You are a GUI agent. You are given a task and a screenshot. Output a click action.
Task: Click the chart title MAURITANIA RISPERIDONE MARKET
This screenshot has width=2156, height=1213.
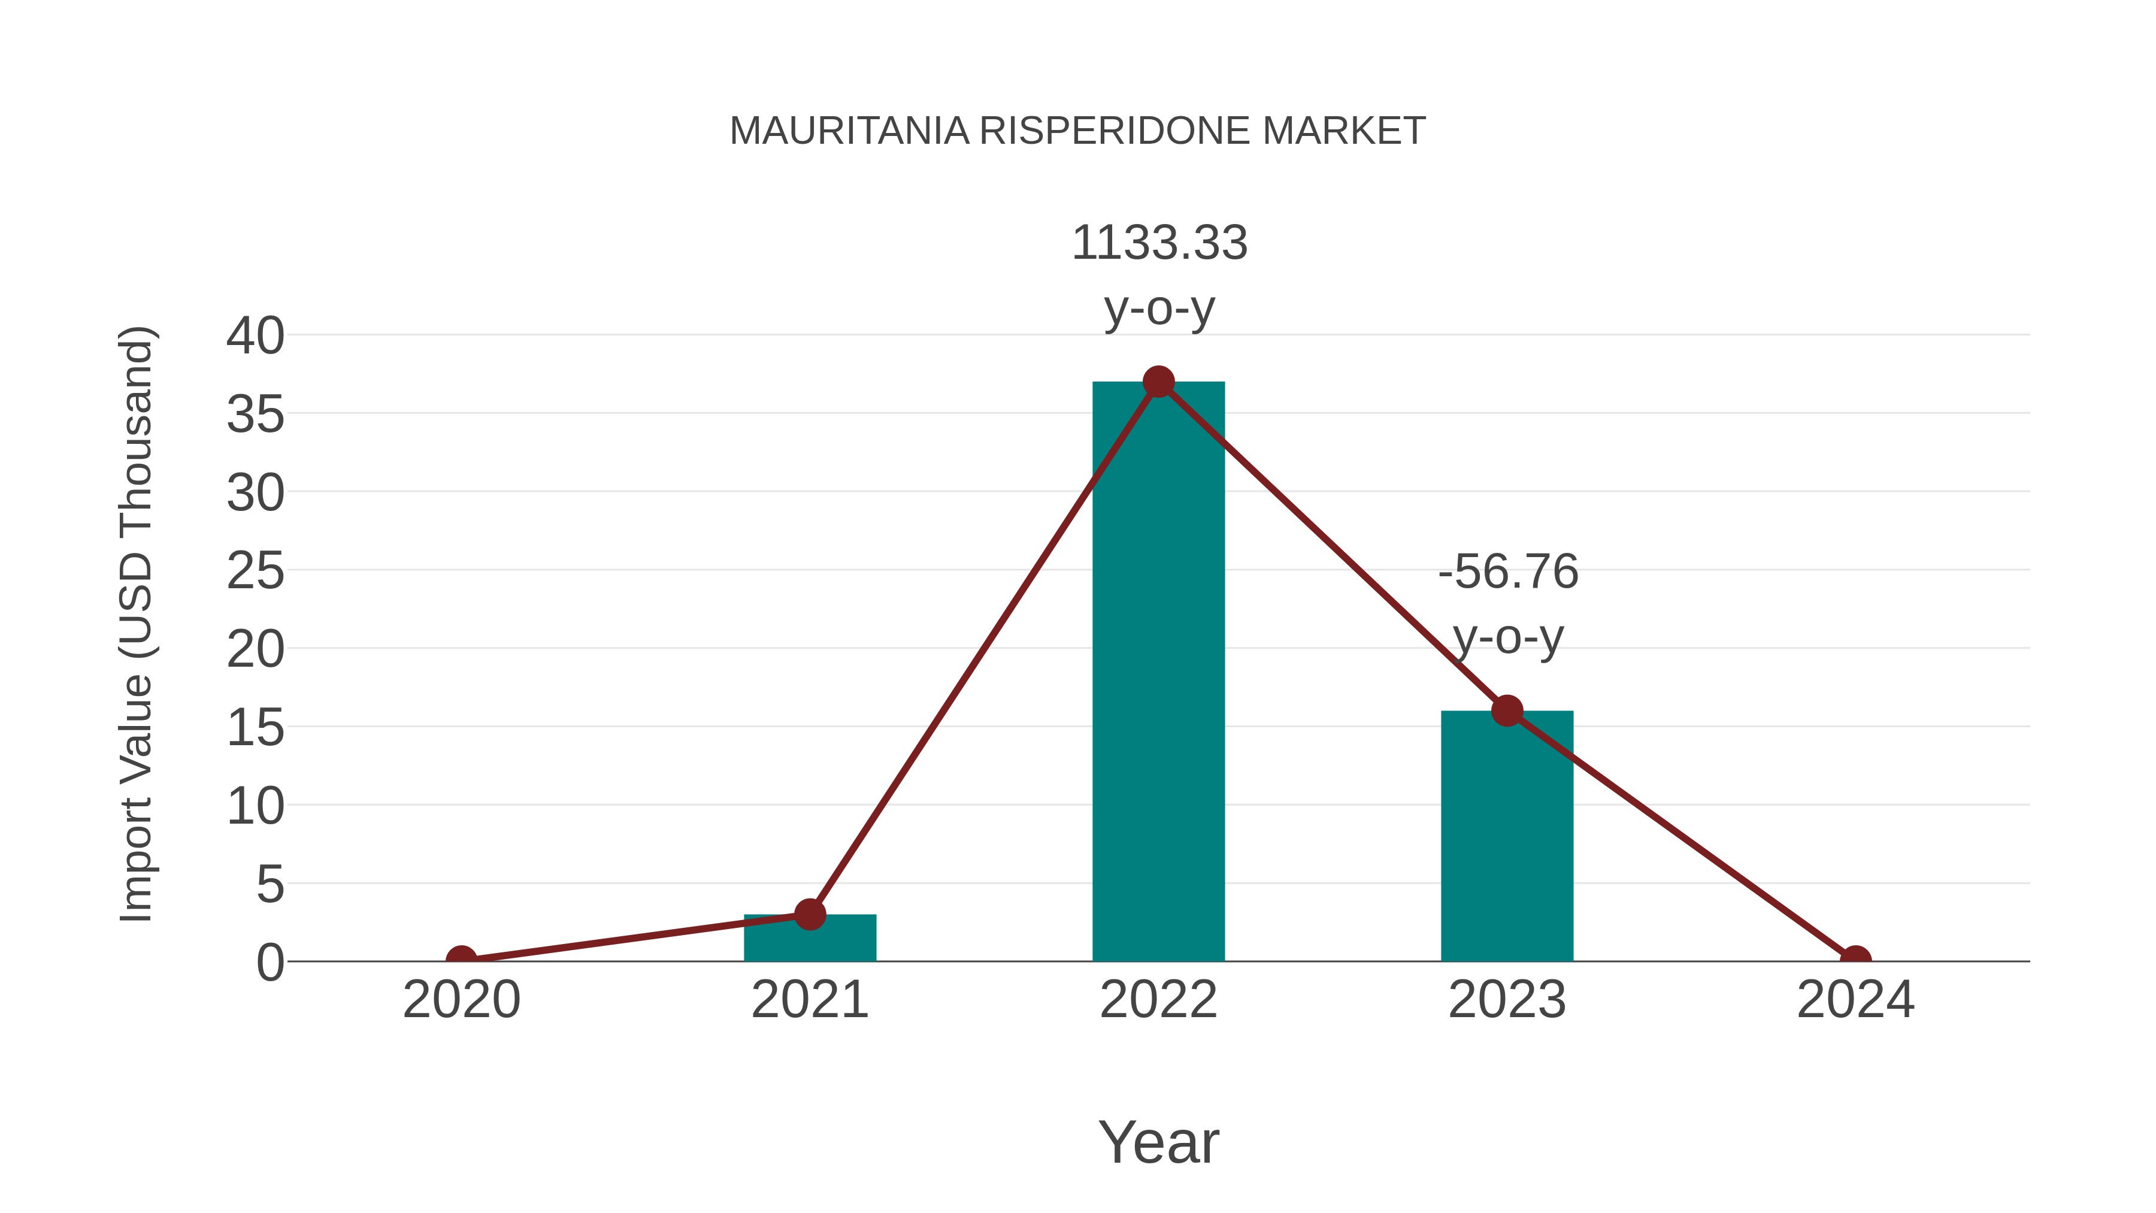click(x=1077, y=131)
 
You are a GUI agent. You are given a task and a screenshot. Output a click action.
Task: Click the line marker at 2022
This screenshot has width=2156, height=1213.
click(x=1158, y=382)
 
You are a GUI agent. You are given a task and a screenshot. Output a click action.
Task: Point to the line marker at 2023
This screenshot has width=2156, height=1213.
click(x=1507, y=710)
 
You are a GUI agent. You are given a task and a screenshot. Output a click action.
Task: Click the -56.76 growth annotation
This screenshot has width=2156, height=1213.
click(x=1507, y=604)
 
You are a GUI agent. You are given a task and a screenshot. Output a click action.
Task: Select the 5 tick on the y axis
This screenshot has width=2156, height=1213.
click(x=269, y=884)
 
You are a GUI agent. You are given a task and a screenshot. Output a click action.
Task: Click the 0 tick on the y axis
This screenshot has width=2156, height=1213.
click(x=269, y=962)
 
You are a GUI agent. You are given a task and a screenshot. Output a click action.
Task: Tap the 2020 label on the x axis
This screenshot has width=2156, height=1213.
click(x=461, y=1000)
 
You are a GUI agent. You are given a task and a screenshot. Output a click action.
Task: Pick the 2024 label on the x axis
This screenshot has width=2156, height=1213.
click(x=1855, y=1000)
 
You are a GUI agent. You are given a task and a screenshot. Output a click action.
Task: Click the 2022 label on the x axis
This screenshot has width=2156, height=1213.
click(x=1158, y=1000)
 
